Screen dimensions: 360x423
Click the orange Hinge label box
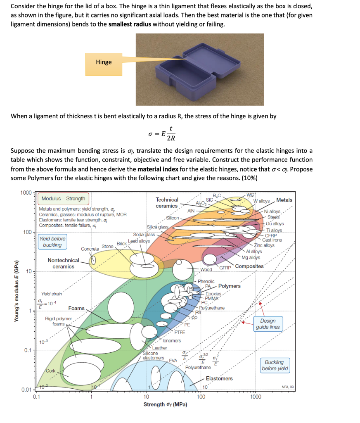coord(104,62)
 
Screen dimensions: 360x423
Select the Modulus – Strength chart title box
coord(64,199)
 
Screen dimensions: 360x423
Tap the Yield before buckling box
coord(52,242)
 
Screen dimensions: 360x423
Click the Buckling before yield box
coord(275,365)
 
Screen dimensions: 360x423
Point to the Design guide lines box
coord(268,324)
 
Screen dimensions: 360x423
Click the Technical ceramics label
coord(167,202)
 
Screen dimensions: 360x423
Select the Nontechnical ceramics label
coord(63,263)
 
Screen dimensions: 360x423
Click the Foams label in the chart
coord(76,308)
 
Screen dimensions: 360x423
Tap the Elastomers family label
coord(219,378)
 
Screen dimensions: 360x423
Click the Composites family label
coord(249,266)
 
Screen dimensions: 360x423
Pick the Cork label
coord(51,371)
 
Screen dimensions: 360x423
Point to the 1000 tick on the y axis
coord(26,193)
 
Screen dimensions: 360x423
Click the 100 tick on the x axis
coord(201,397)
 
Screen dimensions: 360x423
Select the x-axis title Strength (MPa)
coord(165,404)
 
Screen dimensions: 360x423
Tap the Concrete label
coord(90,249)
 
